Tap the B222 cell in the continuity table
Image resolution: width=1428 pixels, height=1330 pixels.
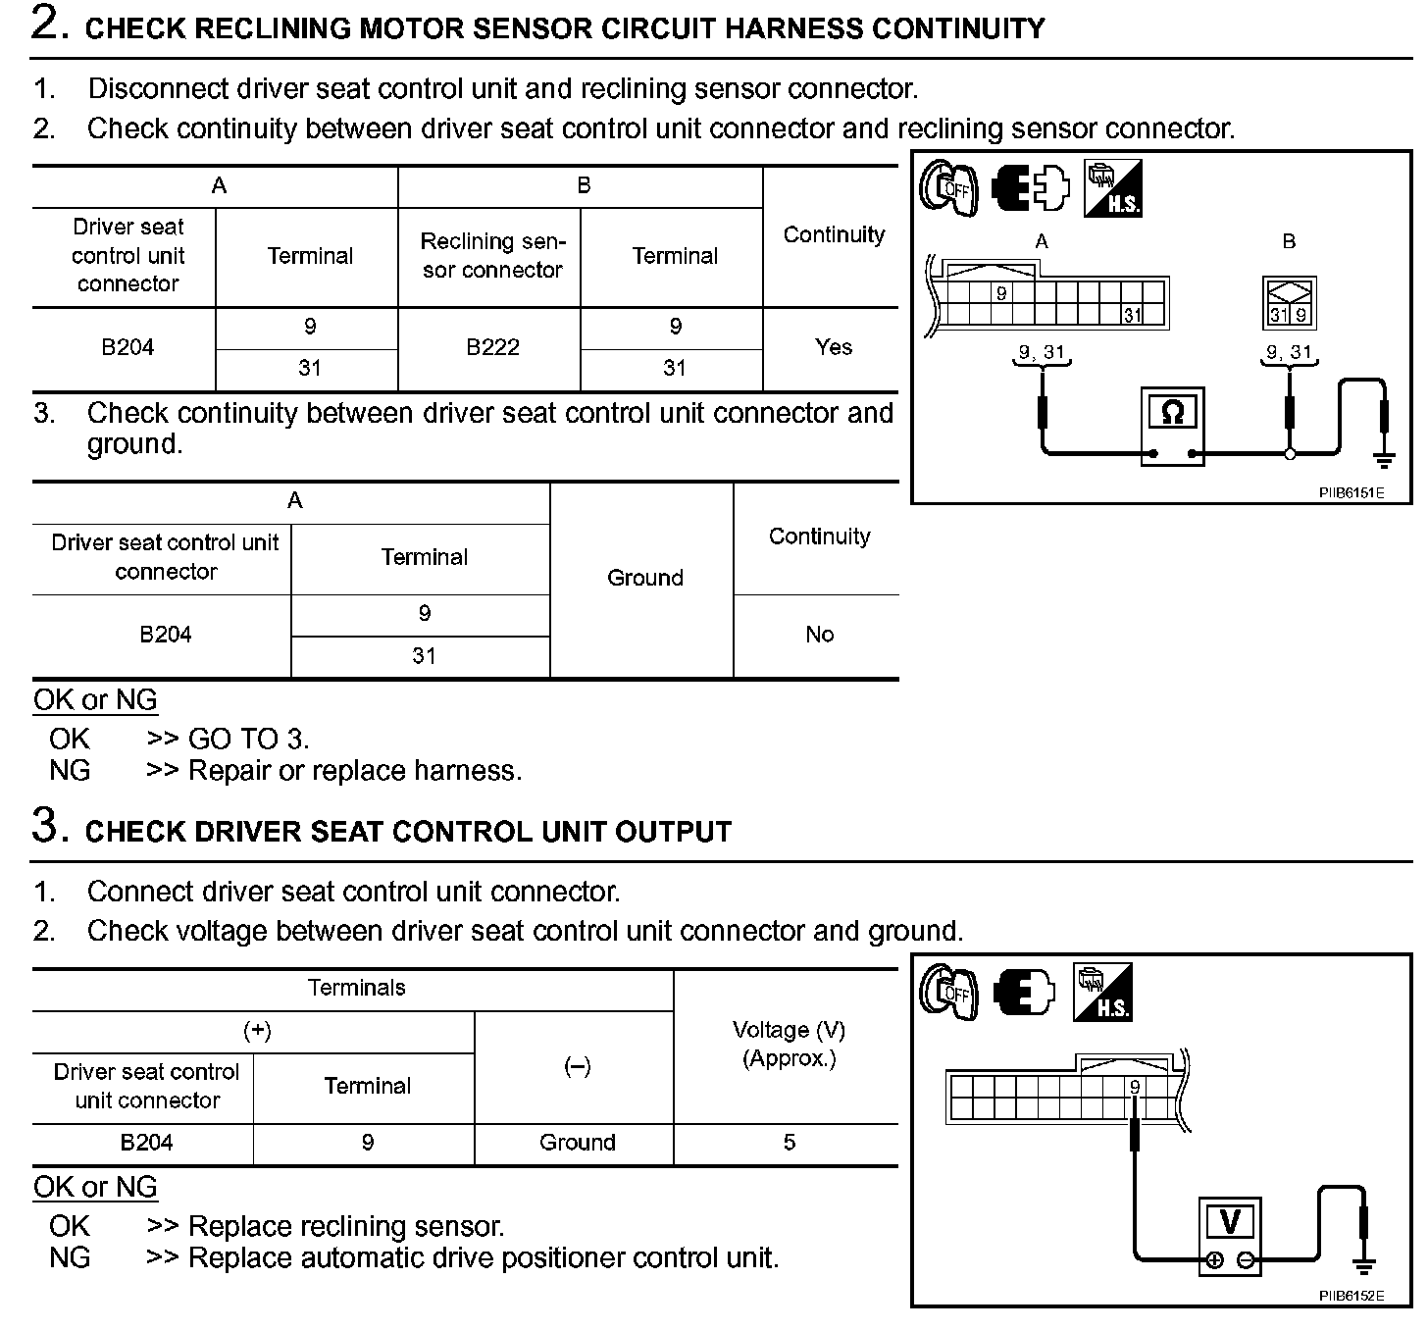click(492, 347)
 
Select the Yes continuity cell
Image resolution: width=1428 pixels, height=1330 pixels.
click(834, 347)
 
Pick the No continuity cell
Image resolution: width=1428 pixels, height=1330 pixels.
click(819, 635)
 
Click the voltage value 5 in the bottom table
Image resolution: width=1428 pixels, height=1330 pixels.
click(789, 1143)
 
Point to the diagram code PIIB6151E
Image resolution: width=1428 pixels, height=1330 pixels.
click(1351, 492)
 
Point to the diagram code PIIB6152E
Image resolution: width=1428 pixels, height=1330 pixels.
click(1351, 1296)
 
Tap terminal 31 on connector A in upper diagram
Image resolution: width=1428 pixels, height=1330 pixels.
click(1133, 315)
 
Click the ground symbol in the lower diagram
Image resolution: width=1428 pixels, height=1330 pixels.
click(1363, 1264)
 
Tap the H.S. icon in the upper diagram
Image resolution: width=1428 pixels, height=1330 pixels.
click(1112, 188)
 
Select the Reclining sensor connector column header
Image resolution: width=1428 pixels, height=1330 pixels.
click(492, 255)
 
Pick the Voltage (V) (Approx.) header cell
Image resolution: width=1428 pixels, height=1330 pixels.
click(789, 1044)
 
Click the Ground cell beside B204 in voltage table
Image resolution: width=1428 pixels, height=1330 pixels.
click(577, 1143)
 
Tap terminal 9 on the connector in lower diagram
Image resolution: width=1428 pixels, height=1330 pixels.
click(1135, 1087)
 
